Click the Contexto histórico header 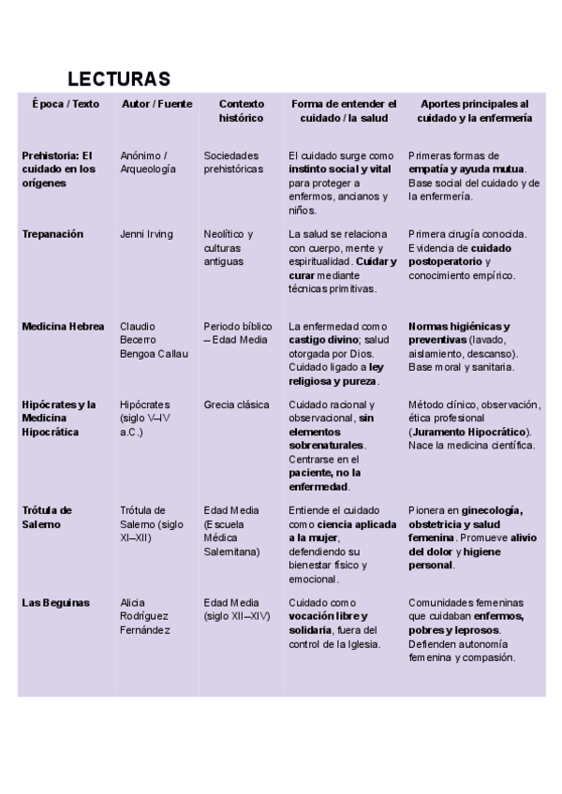[x=242, y=111]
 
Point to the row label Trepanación [x=52, y=234]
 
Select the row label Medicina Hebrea [x=62, y=327]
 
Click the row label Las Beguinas [x=55, y=603]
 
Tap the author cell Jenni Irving [x=146, y=234]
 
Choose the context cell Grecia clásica [x=236, y=405]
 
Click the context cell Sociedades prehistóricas [x=235, y=162]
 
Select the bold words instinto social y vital [x=339, y=169]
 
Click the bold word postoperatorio [x=447, y=261]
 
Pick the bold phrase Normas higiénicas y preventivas [x=458, y=333]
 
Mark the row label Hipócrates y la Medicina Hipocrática [x=59, y=419]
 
